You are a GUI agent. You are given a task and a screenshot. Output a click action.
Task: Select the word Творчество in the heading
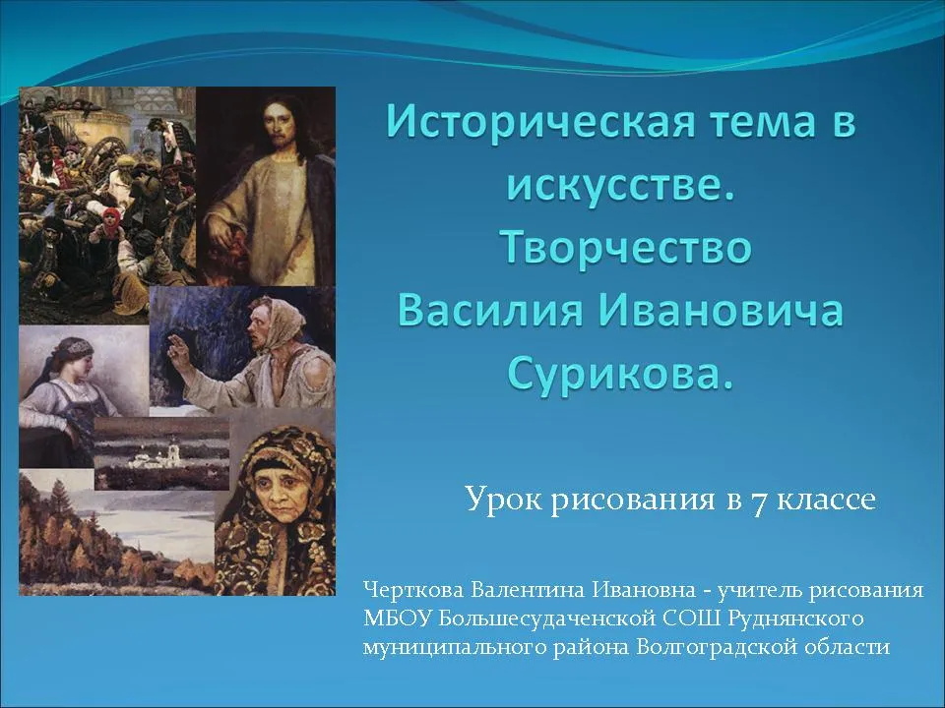(627, 248)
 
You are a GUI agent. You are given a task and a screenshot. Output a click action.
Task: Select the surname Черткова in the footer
(413, 590)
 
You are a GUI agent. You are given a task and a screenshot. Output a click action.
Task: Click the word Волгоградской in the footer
(711, 647)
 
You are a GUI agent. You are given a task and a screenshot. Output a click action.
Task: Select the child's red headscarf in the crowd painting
(111, 216)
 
